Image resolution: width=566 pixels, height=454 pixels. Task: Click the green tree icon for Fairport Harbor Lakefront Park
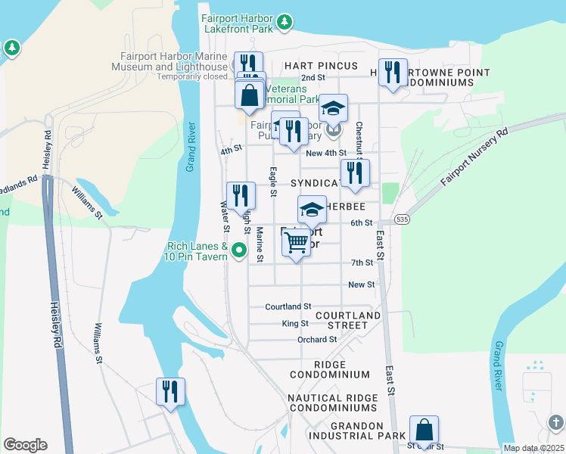(x=285, y=23)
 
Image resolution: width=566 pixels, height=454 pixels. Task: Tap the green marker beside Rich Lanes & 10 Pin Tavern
(x=240, y=250)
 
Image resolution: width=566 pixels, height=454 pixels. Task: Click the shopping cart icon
(x=296, y=243)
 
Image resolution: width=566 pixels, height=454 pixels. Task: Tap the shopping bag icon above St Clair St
(x=424, y=430)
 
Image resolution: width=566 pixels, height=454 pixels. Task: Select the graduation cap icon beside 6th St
(x=312, y=210)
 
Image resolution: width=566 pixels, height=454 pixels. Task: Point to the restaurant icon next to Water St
(x=241, y=195)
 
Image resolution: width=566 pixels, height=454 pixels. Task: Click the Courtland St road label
(x=288, y=306)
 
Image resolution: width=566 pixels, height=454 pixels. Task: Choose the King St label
(x=294, y=323)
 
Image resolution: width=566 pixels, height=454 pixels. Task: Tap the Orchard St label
(x=316, y=340)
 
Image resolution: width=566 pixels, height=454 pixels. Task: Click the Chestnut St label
(x=359, y=140)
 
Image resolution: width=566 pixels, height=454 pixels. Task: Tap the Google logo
(x=25, y=445)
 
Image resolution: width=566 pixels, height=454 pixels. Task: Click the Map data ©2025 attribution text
(x=533, y=448)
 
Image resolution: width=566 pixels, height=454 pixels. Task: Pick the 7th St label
(x=362, y=263)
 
